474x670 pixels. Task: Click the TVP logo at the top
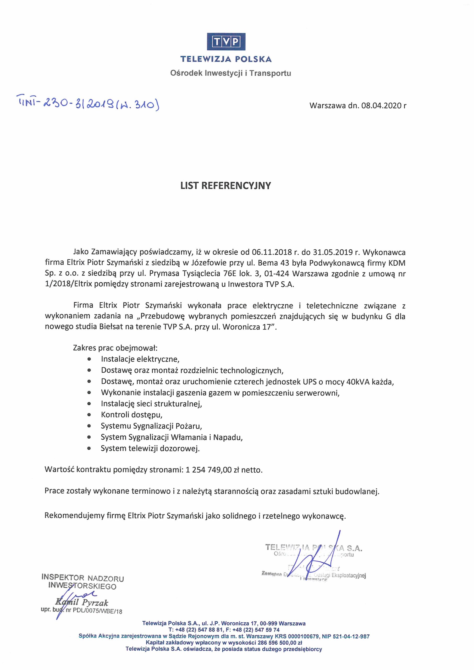tap(226, 42)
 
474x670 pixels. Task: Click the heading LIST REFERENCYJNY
tap(225, 186)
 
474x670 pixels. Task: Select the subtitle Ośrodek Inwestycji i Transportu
tap(230, 73)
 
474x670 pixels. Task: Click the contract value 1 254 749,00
tap(208, 470)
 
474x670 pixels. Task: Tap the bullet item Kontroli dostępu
tap(131, 415)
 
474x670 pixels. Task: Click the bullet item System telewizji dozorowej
tap(150, 448)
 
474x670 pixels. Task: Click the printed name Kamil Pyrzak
tap(82, 603)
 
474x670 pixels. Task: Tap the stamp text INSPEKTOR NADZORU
tap(83, 578)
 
